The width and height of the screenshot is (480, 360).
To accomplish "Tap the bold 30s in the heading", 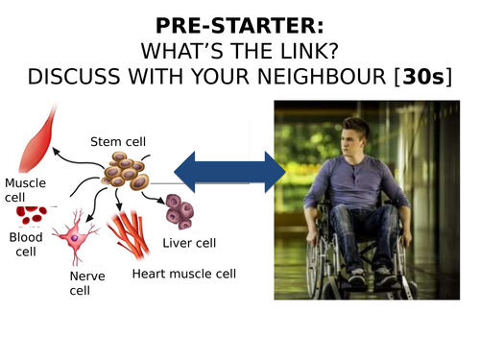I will pos(425,74).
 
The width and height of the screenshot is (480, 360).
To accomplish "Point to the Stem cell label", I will pos(118,142).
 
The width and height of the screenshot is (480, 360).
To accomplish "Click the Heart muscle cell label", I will pos(183,274).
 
